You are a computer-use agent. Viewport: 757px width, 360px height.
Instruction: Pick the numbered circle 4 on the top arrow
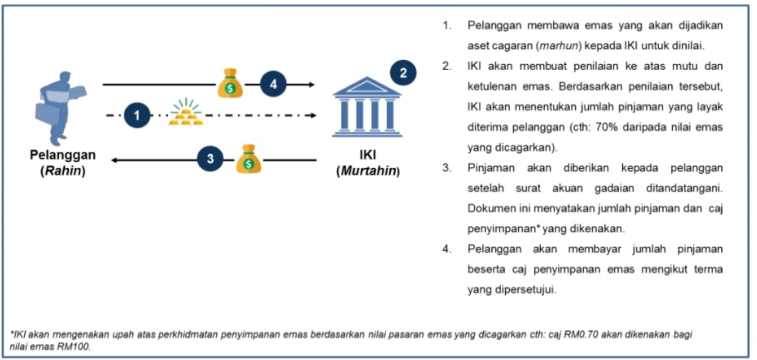point(273,84)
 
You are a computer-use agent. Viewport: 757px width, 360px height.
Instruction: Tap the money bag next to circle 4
point(229,82)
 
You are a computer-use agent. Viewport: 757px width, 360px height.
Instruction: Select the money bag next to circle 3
point(248,158)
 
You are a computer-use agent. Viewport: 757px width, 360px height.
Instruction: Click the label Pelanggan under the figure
point(62,155)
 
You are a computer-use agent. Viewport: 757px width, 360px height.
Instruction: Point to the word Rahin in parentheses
point(62,170)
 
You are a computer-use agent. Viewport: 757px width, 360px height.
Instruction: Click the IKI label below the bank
point(368,155)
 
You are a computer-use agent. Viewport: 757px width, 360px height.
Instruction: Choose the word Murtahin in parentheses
point(368,171)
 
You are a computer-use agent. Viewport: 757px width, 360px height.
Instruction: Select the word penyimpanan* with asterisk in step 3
point(499,227)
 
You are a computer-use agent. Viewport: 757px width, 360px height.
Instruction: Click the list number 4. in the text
point(447,248)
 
